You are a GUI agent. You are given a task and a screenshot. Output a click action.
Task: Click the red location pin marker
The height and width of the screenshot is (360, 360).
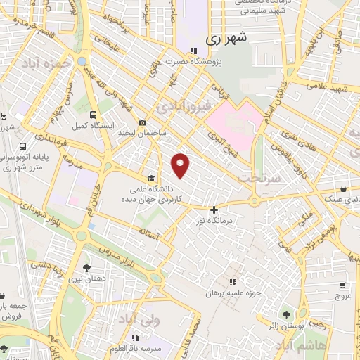click(x=181, y=165)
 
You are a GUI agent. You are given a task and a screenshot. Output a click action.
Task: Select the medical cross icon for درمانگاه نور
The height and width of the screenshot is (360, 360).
click(x=214, y=209)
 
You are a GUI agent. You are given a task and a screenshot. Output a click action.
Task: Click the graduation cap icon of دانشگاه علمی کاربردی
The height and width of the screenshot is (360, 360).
click(x=151, y=178)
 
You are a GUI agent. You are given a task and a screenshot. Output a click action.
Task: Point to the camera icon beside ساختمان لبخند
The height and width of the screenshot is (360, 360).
click(x=142, y=122)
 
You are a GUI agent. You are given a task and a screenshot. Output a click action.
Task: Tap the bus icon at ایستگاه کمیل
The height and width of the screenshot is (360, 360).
click(x=94, y=115)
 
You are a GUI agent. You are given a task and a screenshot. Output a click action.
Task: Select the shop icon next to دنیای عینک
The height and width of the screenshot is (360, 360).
click(x=342, y=189)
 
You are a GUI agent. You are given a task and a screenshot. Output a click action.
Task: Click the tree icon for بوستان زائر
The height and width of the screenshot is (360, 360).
click(x=286, y=314)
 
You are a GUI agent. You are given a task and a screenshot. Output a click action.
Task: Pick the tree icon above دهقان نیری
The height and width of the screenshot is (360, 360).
click(x=86, y=267)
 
